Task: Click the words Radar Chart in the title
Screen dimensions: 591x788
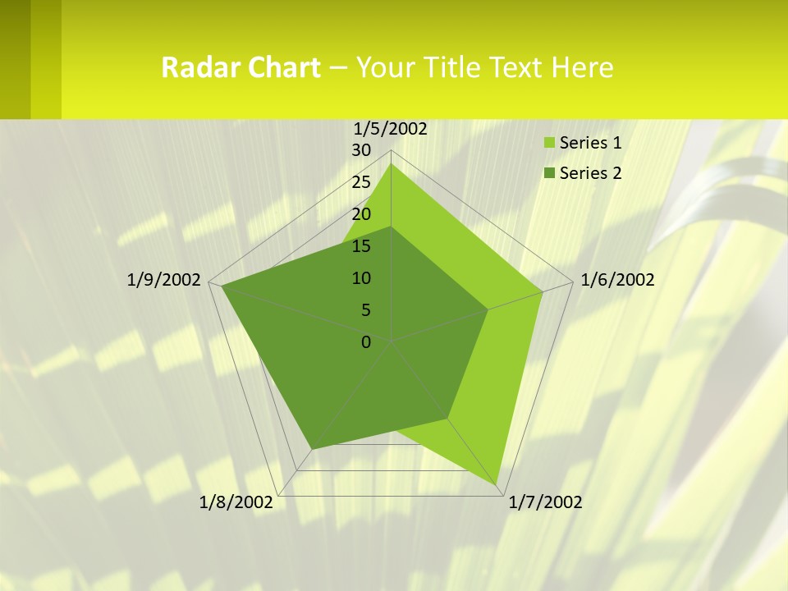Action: pyautogui.click(x=241, y=67)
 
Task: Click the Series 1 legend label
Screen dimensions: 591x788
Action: pyautogui.click(x=590, y=143)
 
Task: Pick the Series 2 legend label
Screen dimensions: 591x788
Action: pyautogui.click(x=590, y=173)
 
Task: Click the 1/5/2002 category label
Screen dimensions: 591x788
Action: pyautogui.click(x=390, y=128)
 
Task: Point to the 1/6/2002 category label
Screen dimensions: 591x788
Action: pyautogui.click(x=617, y=280)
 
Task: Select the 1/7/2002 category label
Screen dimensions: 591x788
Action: pyautogui.click(x=545, y=502)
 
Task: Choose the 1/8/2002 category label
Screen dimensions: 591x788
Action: pyautogui.click(x=236, y=502)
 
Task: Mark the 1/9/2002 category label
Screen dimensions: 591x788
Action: pyautogui.click(x=164, y=280)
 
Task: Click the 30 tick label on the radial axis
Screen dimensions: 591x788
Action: pyautogui.click(x=361, y=150)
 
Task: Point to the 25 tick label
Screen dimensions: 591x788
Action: pyautogui.click(x=361, y=182)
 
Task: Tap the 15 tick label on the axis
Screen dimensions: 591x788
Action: pyautogui.click(x=361, y=246)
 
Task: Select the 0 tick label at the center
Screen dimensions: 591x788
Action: pyautogui.click(x=366, y=342)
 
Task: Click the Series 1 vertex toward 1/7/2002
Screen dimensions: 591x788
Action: pyautogui.click(x=497, y=485)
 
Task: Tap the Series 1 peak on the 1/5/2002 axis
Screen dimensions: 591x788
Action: pyautogui.click(x=392, y=164)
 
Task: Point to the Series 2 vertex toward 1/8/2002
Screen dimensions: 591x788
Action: pyautogui.click(x=312, y=449)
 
